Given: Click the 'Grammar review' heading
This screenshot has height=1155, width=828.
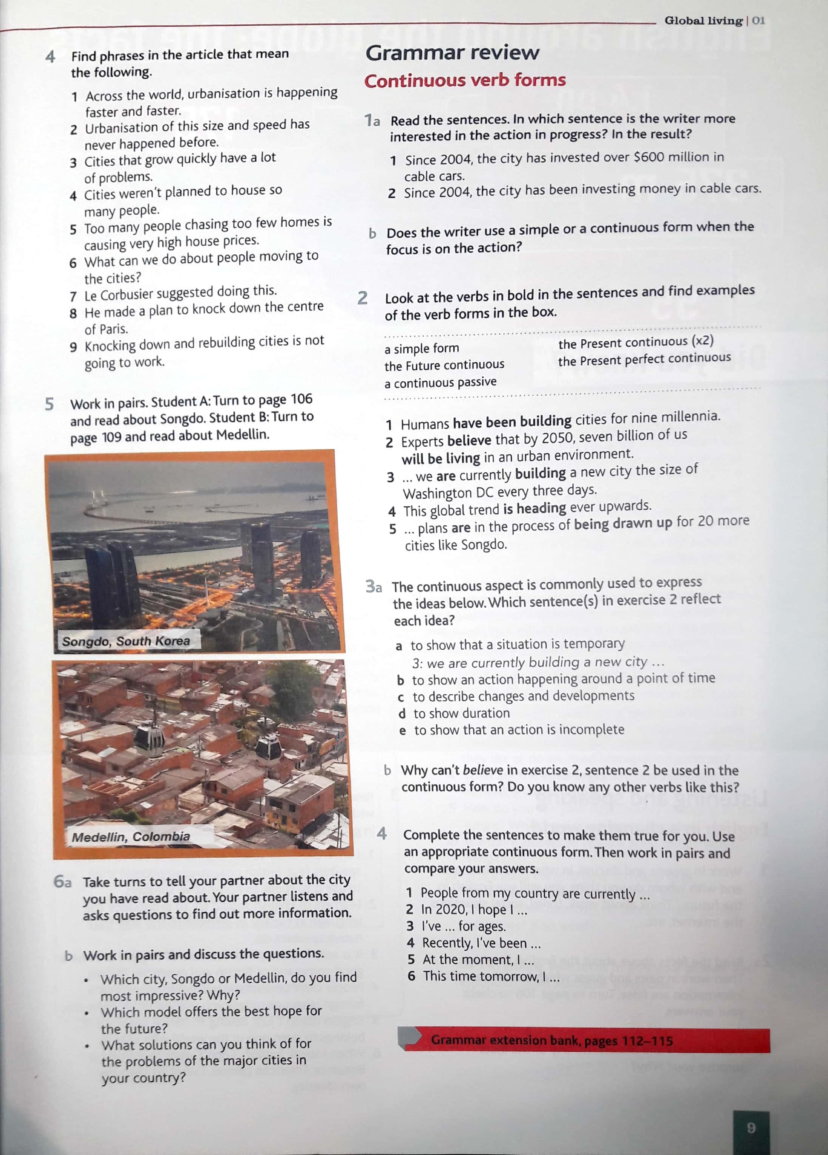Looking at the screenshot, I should pos(452,53).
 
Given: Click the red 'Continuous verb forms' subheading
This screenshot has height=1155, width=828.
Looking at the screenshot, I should pos(465,81).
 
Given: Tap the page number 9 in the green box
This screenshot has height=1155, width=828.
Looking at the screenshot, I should pos(751,1127).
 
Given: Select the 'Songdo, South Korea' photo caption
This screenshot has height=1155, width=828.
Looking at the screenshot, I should pos(126,641).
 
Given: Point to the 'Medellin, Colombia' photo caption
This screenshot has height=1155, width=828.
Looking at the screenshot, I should pos(131,836).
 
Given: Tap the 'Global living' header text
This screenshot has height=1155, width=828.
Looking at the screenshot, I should pos(703,21).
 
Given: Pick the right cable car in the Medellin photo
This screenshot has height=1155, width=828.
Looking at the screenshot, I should pos(268,748).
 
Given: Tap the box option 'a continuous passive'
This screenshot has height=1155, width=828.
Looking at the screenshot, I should pos(440,382).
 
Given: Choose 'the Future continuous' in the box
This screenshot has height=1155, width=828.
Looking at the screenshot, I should pos(444,365).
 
